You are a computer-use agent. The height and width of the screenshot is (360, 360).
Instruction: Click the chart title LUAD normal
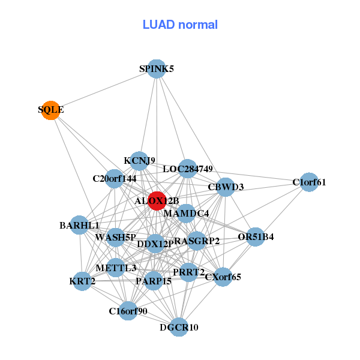180,25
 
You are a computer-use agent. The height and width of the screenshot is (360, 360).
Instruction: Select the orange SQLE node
51,110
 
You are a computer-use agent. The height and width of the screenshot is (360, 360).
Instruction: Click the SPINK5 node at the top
156,69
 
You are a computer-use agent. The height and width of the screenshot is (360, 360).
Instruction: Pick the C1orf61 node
308,182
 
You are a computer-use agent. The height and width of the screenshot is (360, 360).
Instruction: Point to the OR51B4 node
255,237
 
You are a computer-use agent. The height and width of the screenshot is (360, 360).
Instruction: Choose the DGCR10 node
178,327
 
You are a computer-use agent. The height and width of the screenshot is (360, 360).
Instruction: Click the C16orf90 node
128,311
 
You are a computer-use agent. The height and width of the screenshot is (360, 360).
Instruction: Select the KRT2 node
82,281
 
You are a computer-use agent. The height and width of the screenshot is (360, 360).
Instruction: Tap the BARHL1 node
80,226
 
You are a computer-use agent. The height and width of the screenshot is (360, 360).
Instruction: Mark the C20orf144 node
115,178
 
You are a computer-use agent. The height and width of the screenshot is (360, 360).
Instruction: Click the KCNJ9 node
139,161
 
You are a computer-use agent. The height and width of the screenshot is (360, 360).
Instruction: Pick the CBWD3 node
225,187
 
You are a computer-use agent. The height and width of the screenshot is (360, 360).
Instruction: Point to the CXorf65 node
223,277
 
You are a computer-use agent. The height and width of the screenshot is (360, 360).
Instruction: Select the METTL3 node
116,268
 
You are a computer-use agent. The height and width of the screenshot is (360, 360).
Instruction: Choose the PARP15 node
154,280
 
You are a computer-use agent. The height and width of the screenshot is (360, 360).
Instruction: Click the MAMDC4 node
186,214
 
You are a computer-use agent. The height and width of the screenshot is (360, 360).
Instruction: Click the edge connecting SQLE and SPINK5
103,90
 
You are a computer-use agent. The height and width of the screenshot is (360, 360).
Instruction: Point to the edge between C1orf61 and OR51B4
282,209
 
